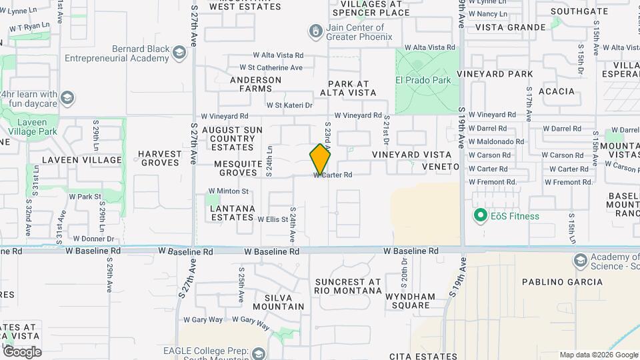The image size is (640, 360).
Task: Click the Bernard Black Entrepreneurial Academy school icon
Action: point(179,52)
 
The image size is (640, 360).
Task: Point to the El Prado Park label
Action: point(423,81)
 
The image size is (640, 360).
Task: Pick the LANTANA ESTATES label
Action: point(232,213)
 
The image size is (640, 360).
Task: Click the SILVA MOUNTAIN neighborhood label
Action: point(275,302)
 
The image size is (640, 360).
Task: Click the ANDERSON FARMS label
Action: point(255,84)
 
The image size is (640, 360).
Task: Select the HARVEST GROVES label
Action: point(159,158)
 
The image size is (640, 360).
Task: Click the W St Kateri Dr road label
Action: point(289,105)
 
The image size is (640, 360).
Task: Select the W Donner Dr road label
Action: point(93,239)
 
